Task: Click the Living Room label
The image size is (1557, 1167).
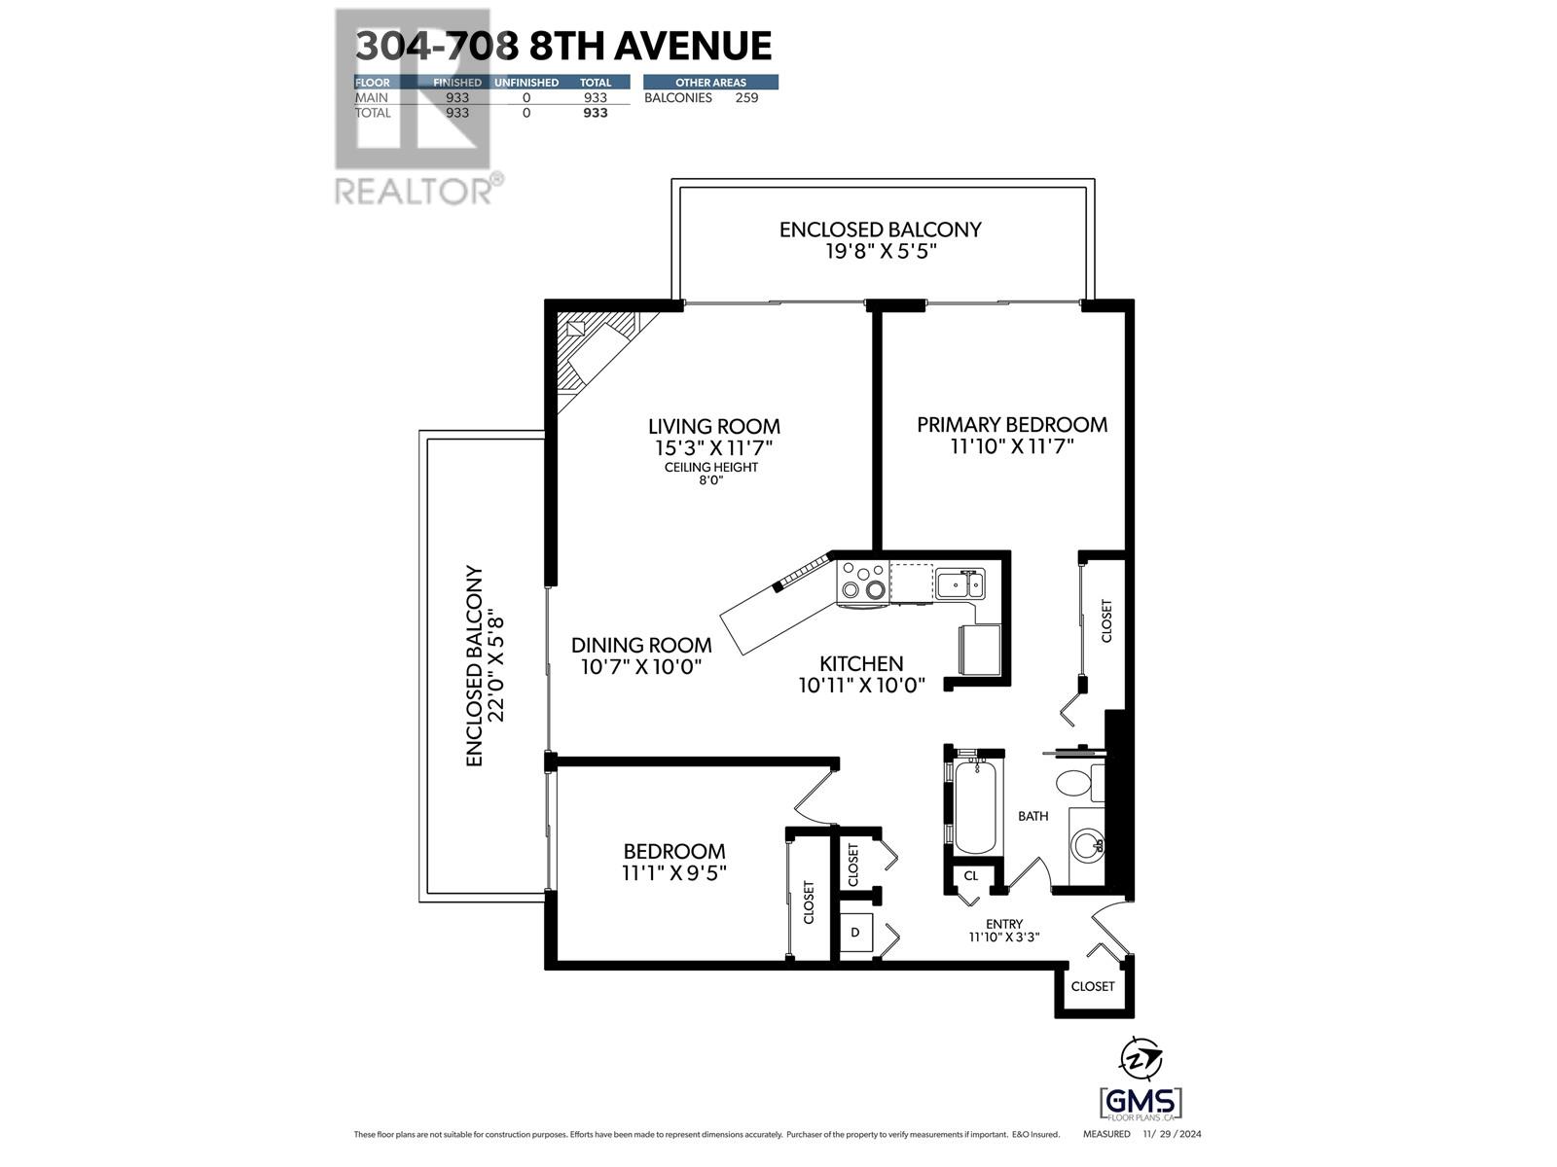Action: (x=714, y=426)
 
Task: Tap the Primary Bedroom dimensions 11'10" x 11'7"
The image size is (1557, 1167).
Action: (x=1011, y=447)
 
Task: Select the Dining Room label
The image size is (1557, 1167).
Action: (x=641, y=645)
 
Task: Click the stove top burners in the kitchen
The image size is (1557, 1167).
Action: (x=862, y=581)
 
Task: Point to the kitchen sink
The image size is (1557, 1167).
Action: (x=960, y=584)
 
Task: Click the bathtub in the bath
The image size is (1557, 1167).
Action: (x=975, y=807)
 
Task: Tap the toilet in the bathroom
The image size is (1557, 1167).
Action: (x=1076, y=783)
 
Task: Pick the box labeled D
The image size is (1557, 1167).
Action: (x=855, y=932)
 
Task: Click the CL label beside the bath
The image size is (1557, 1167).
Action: (x=970, y=875)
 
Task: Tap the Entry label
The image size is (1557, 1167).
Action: (x=1004, y=924)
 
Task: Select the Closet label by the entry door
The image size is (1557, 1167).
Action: (x=1093, y=986)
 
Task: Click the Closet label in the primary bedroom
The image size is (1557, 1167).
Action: (x=1106, y=620)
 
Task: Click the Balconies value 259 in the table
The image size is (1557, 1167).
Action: (x=746, y=97)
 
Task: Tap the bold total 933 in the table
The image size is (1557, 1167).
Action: (x=595, y=113)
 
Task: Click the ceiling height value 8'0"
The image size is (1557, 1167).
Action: (x=711, y=480)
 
